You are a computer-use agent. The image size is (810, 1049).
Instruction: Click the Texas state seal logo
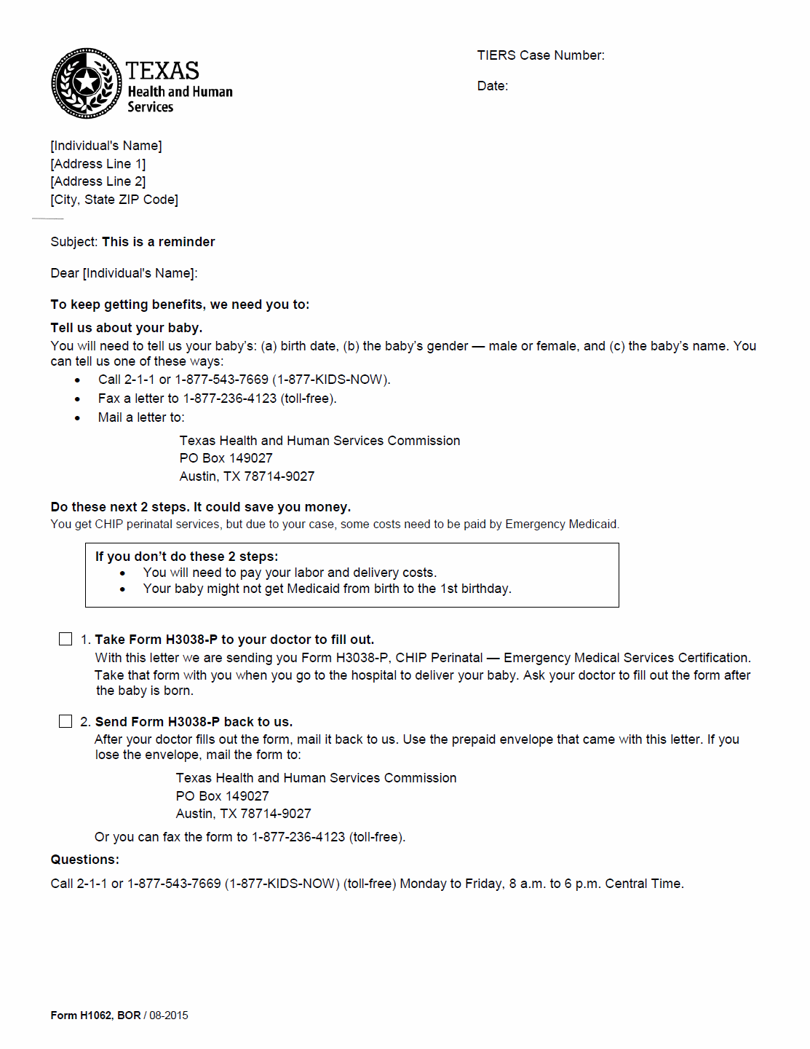(x=86, y=83)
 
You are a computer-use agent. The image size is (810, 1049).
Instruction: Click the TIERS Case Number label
(x=540, y=55)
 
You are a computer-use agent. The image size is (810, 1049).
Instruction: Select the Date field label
(x=492, y=86)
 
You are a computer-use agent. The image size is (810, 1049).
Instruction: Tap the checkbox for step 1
(x=65, y=639)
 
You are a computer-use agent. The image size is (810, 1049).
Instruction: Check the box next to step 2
(x=65, y=721)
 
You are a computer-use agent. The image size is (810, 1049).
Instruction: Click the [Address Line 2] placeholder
(x=98, y=181)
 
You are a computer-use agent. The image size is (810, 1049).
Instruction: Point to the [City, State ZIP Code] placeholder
(x=114, y=200)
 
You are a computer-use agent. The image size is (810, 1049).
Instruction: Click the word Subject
(x=73, y=242)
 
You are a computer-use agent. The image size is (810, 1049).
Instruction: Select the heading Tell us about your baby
(x=127, y=328)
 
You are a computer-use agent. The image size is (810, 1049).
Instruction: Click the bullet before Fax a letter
(x=78, y=399)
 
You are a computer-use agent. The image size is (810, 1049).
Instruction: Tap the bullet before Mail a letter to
(x=78, y=418)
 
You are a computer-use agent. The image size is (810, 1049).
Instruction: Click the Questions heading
(x=84, y=860)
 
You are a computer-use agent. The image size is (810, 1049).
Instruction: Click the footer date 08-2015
(x=169, y=1015)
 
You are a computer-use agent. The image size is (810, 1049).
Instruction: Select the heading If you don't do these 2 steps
(x=186, y=557)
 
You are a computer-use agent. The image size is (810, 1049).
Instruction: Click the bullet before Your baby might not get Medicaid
(x=122, y=589)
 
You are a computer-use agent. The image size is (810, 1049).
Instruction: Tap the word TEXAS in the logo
(x=162, y=71)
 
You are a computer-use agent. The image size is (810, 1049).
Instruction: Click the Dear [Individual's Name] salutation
(x=124, y=273)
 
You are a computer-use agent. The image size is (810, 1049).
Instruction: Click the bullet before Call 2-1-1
(x=78, y=380)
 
